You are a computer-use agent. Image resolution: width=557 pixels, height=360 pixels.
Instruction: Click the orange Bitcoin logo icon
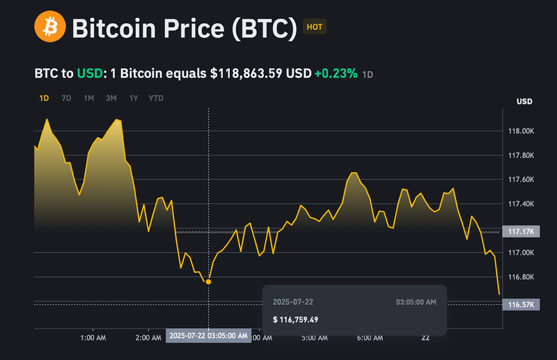coord(50,28)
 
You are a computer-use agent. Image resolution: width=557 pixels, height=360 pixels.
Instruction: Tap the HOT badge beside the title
coord(315,28)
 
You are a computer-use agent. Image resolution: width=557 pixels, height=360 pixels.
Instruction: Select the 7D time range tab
coord(66,98)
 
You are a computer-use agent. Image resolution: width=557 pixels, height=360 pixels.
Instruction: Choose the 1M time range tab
coord(89,98)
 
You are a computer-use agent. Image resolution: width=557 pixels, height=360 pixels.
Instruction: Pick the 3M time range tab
coord(111,98)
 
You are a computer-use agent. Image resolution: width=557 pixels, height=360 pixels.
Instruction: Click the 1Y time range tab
coord(133,98)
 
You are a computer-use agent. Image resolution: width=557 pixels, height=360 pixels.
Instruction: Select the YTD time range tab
coord(156,98)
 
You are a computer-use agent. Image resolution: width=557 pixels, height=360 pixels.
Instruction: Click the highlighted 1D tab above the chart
coord(44,98)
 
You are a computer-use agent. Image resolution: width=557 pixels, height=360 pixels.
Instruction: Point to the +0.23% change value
coord(336,73)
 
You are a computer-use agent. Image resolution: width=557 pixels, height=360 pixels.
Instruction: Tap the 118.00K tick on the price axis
coord(521,131)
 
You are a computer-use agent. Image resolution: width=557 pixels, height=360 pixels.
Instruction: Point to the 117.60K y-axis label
coord(521,180)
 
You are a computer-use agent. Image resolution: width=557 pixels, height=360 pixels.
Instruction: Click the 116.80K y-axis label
coord(521,277)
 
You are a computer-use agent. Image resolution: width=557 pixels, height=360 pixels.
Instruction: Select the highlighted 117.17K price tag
coord(521,230)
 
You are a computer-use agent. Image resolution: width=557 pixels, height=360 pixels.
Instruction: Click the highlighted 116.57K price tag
coord(521,305)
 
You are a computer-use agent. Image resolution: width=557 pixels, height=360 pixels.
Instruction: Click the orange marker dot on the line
coord(208,281)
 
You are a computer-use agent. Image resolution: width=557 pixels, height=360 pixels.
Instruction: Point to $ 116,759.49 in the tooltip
coord(295,320)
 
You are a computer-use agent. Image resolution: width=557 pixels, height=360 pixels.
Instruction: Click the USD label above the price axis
coord(524,102)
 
